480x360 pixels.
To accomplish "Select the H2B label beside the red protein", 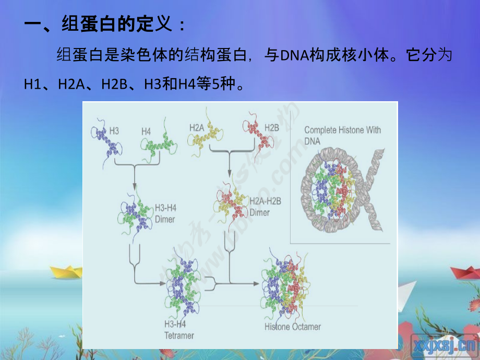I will click(x=272, y=127).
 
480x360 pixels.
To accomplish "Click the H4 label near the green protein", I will click(x=146, y=132).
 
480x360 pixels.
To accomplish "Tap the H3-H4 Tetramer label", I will click(x=179, y=331).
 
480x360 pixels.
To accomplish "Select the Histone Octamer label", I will click(x=292, y=327).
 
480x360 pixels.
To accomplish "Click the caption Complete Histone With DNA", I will click(x=342, y=135).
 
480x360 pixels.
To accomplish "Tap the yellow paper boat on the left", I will click(x=66, y=271).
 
